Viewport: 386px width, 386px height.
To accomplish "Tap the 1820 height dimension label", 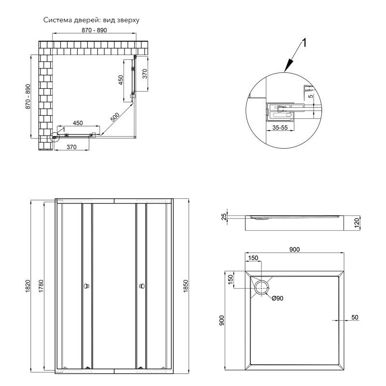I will (28, 286).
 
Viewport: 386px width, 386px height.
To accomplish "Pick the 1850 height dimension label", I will (185, 286).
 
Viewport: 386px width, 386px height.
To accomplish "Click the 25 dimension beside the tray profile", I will (223, 218).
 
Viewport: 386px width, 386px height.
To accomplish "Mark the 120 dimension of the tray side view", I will (356, 222).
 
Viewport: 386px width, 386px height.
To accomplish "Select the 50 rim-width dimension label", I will (355, 317).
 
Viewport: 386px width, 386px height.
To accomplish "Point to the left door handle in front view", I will (86, 287).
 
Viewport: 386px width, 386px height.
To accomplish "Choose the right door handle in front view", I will (142, 287).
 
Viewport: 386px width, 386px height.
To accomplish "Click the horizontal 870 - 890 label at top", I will (94, 30).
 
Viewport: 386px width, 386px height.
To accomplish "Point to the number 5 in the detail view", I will (311, 96).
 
